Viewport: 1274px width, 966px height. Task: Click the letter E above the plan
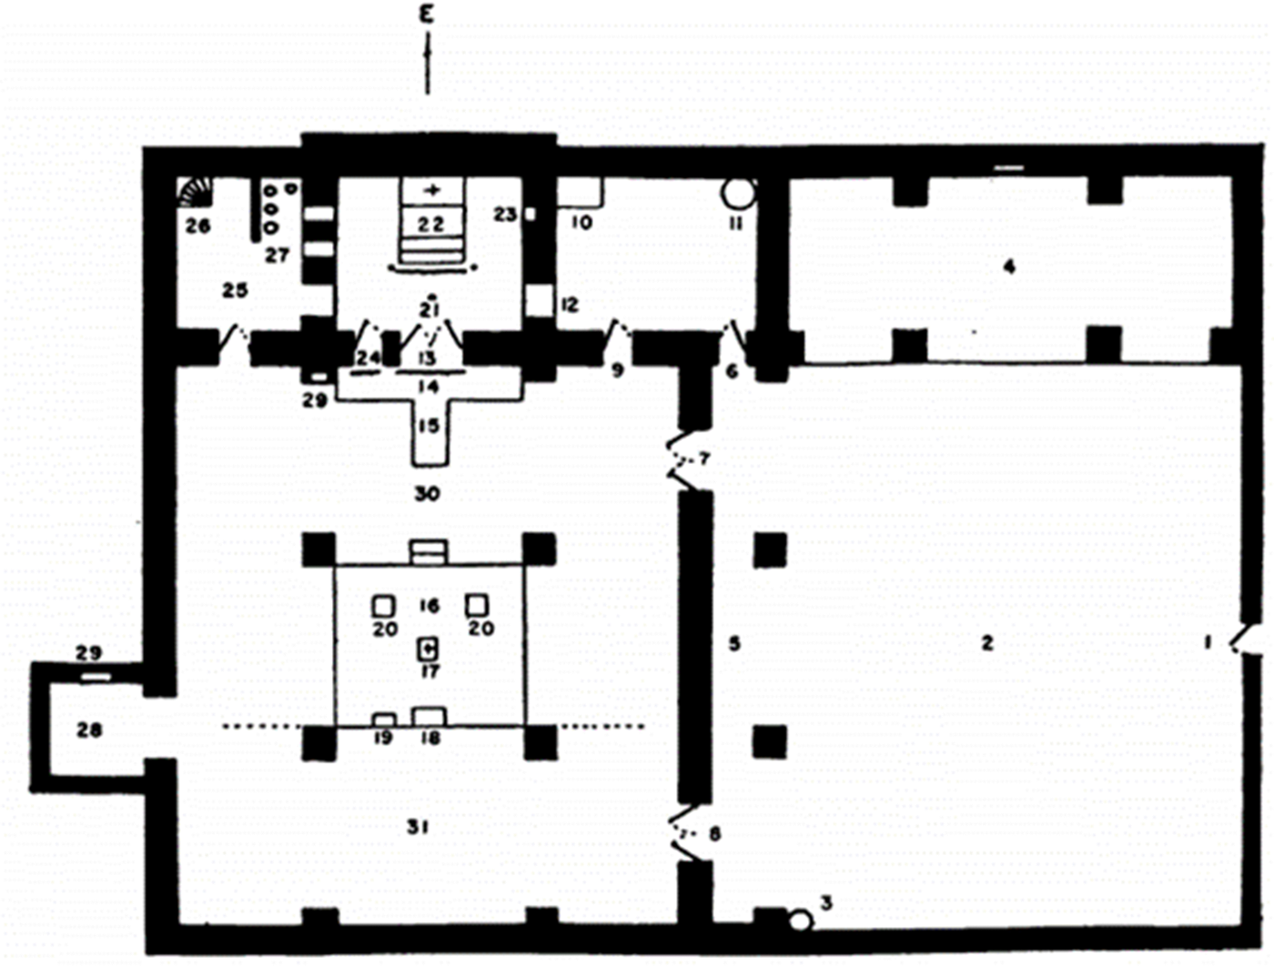click(x=428, y=15)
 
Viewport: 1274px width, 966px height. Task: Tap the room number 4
click(x=1008, y=266)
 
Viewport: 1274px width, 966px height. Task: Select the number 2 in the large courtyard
click(x=987, y=643)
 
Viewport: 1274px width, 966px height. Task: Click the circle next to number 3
click(x=800, y=920)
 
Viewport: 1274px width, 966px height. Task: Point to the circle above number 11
click(x=737, y=193)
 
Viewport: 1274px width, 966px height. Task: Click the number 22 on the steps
click(x=431, y=224)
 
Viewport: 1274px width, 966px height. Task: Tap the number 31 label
click(x=418, y=827)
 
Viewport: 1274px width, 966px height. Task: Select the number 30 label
click(x=427, y=493)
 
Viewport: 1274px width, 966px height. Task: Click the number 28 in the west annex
click(x=89, y=730)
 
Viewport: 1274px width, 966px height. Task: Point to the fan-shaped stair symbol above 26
click(x=194, y=193)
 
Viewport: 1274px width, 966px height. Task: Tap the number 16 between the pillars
click(x=430, y=606)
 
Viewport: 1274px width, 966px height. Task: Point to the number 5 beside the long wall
click(x=734, y=643)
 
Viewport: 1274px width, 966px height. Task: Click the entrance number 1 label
click(x=1208, y=642)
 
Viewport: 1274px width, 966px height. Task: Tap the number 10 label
click(x=581, y=222)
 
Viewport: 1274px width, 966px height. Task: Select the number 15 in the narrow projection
click(x=428, y=426)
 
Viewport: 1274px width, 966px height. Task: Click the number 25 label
click(x=235, y=290)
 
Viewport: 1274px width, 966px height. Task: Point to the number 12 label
click(x=570, y=305)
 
